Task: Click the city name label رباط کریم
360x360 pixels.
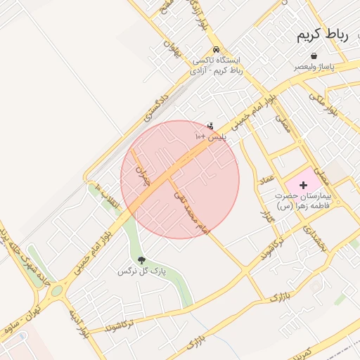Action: [x=323, y=35]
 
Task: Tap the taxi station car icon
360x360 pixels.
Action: [x=217, y=50]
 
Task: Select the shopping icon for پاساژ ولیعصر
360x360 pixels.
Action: [x=314, y=56]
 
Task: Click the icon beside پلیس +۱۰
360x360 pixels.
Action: [x=210, y=126]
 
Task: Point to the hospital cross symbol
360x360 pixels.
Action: [x=303, y=184]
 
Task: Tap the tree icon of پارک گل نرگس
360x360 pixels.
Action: [x=141, y=260]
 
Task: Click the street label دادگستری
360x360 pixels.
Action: [x=155, y=102]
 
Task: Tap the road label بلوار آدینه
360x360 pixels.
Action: [x=78, y=323]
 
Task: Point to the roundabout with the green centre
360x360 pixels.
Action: [x=56, y=289]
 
